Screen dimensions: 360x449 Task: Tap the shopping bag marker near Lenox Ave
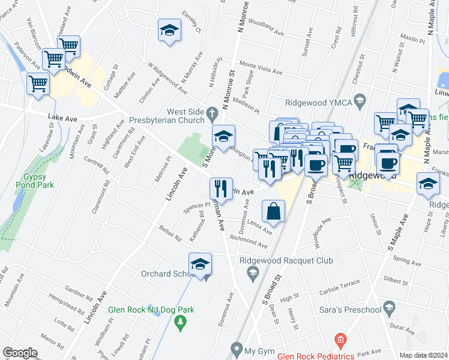point(273,212)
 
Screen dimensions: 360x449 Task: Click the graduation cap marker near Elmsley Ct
point(170,31)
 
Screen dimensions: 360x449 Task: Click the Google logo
point(20,352)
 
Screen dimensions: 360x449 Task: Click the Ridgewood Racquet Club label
point(286,260)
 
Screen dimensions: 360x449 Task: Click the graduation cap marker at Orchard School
point(200,265)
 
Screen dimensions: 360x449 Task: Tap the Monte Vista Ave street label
point(261,68)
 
